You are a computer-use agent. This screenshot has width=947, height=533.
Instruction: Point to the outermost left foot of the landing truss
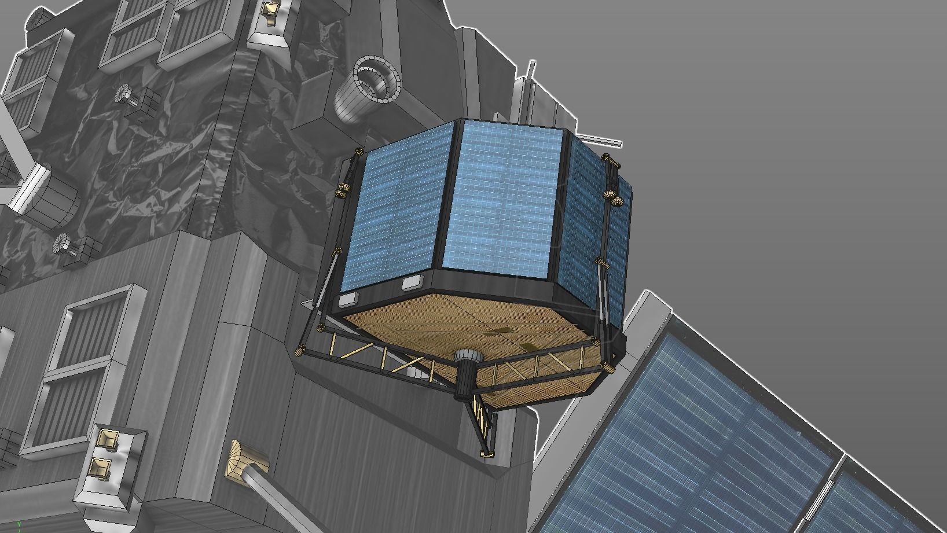click(300, 350)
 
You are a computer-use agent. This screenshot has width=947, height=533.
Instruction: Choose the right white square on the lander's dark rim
click(411, 283)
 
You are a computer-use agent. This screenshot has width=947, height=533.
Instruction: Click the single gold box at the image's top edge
click(270, 10)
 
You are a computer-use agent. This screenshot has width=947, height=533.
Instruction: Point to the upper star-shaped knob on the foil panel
click(123, 93)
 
